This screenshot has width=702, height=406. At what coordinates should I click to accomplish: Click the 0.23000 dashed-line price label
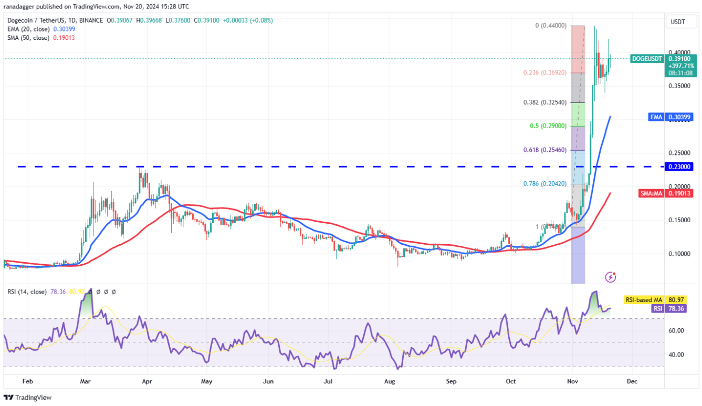tap(679, 166)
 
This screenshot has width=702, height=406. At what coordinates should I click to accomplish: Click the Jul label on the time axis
tap(329, 381)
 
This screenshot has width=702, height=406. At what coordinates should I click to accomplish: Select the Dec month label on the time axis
tap(632, 381)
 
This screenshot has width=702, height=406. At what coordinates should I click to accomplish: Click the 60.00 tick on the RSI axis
tap(676, 330)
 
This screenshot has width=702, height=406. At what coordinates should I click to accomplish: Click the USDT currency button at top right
tap(678, 23)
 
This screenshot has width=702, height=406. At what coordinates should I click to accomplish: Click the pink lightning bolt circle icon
tap(611, 276)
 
